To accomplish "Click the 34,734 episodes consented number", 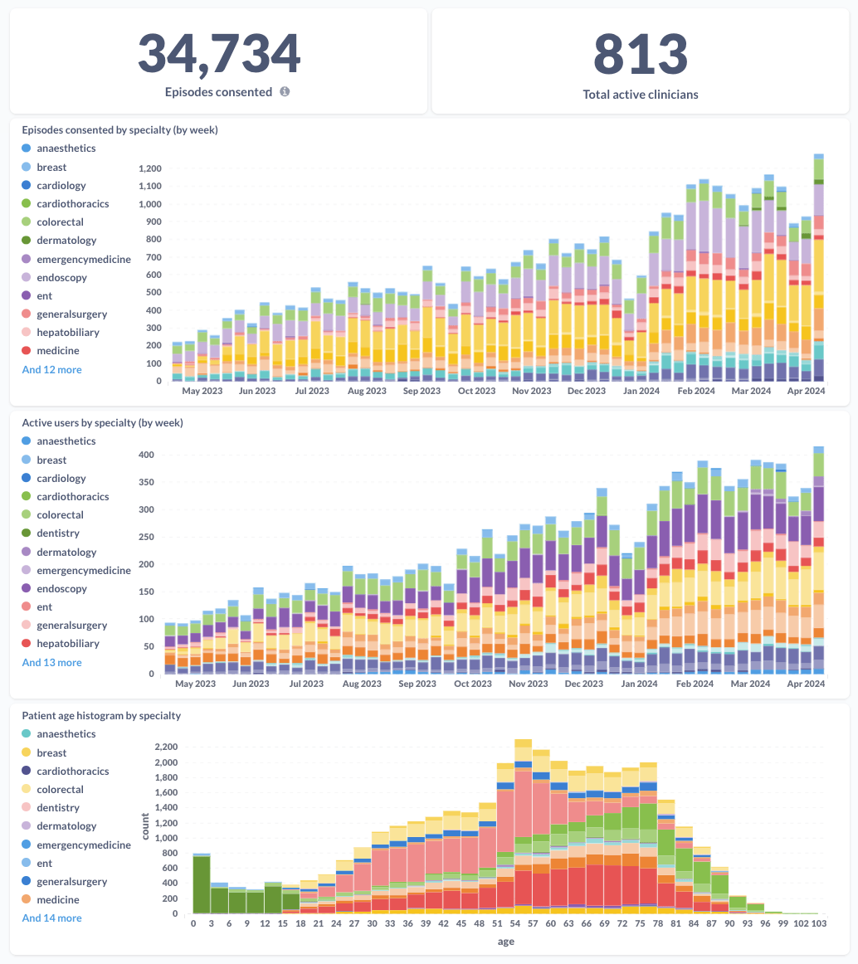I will coord(218,54).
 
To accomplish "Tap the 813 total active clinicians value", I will coord(640,54).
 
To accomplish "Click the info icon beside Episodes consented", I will coord(285,92).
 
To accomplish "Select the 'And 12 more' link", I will coord(51,369).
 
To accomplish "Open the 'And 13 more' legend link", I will coord(51,662).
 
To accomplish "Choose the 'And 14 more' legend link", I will coord(51,918).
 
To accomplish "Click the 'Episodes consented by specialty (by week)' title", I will coord(119,129).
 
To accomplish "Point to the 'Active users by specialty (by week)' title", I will coord(102,422).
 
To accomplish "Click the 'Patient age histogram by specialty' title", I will coord(101,715).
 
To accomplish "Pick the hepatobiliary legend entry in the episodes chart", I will coord(67,332).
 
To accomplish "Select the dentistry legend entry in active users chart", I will coord(58,533).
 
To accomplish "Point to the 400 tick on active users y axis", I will coord(146,455).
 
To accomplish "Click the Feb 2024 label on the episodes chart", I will coord(695,391).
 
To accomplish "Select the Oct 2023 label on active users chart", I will coord(472,684).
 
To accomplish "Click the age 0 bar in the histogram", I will coord(201,884).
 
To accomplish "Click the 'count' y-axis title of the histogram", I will coord(146,826).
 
